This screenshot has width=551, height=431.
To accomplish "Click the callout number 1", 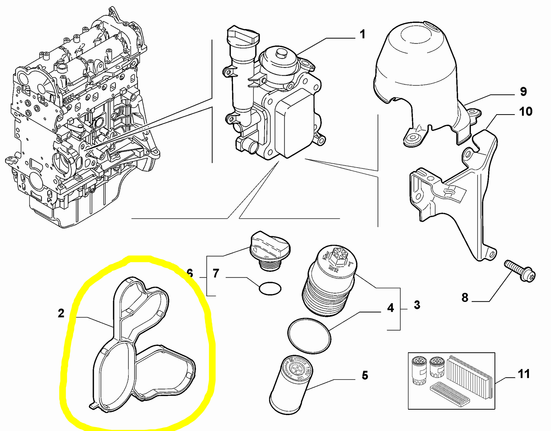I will tap(362, 34).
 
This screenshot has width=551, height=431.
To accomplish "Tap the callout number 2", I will tap(61, 313).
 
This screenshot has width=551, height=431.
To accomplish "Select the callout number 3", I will tap(417, 305).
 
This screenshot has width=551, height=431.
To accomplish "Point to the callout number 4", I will tap(390, 308).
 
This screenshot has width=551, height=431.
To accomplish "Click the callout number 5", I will tap(365, 376).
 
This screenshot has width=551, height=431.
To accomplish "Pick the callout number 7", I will tap(216, 273).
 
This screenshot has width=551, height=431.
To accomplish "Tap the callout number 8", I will tap(464, 297).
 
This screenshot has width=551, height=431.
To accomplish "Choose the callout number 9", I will tap(523, 92).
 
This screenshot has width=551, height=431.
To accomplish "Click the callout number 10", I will tap(525, 111).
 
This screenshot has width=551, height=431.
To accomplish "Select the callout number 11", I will tap(524, 374).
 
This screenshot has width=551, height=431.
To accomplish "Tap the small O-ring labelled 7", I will tap(270, 289).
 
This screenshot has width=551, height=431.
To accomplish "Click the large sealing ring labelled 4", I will tap(309, 335).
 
